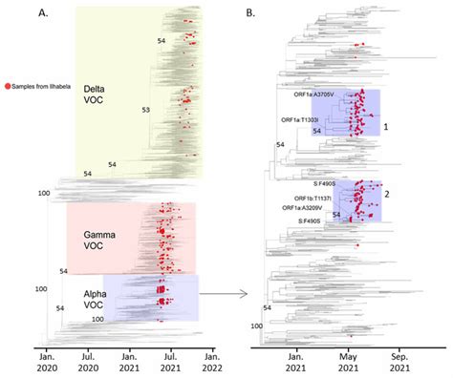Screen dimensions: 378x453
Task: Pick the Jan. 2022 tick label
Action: (211, 359)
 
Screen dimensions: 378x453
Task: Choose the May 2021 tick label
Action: (347, 359)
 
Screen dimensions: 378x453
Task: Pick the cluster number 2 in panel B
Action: (386, 195)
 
